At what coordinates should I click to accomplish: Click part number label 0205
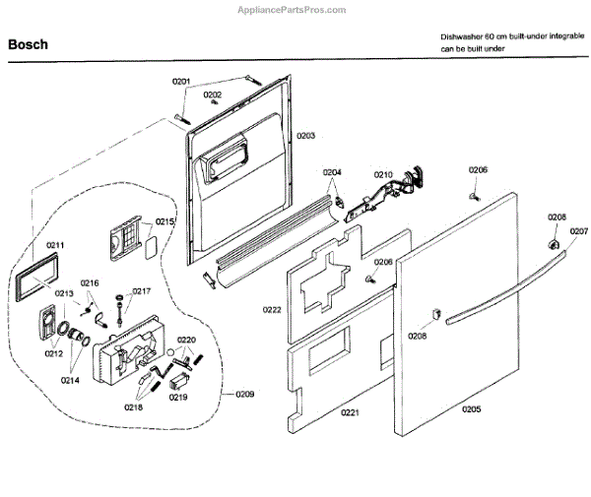pos(471,408)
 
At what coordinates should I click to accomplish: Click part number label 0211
pos(55,245)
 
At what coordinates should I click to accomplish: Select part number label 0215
pos(164,222)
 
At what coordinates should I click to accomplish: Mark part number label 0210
pos(382,175)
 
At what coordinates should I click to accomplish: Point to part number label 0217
pos(142,291)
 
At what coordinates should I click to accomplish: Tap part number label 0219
pos(176,397)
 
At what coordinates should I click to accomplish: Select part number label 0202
pos(212,94)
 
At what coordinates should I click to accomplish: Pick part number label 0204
pos(333,173)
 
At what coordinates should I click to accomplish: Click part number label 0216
pos(90,283)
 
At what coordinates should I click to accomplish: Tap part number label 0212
pos(53,353)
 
